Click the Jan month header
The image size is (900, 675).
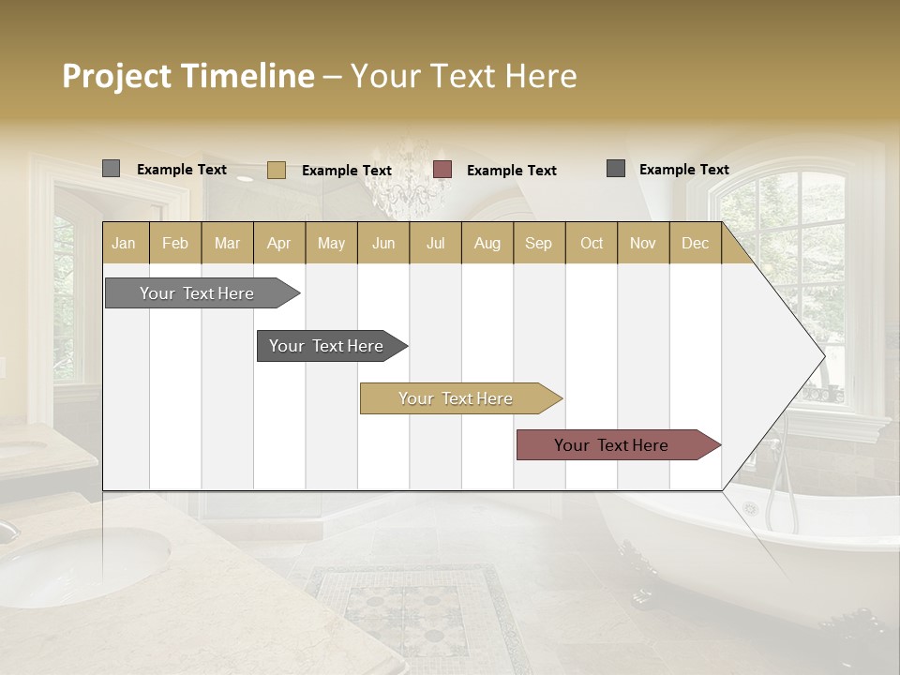[x=125, y=244]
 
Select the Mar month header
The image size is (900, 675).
[x=227, y=244]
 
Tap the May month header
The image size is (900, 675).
[x=331, y=244]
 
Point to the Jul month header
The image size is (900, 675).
[x=435, y=244]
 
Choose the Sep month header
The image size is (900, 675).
[x=538, y=244]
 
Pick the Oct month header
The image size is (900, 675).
[x=592, y=244]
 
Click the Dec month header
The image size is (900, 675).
[x=695, y=244]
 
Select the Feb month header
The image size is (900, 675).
[x=175, y=244]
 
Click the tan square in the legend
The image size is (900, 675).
[x=277, y=170]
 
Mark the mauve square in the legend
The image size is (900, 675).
[x=442, y=170]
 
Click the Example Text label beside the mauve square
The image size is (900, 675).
[x=511, y=171]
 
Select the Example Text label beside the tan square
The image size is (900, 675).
[x=346, y=171]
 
